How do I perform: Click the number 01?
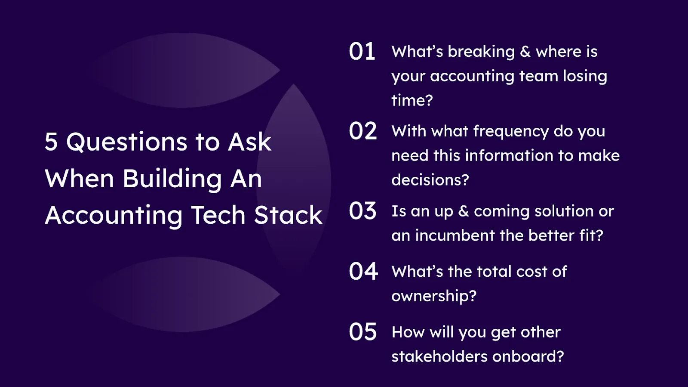pos(362,51)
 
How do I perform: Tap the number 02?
pos(363,130)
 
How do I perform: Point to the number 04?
pos(363,271)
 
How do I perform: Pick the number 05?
pos(363,331)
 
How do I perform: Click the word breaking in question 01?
pos(481,52)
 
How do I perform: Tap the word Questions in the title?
pos(127,142)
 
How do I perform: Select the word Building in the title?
pos(172,179)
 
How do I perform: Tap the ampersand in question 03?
pos(464,211)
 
